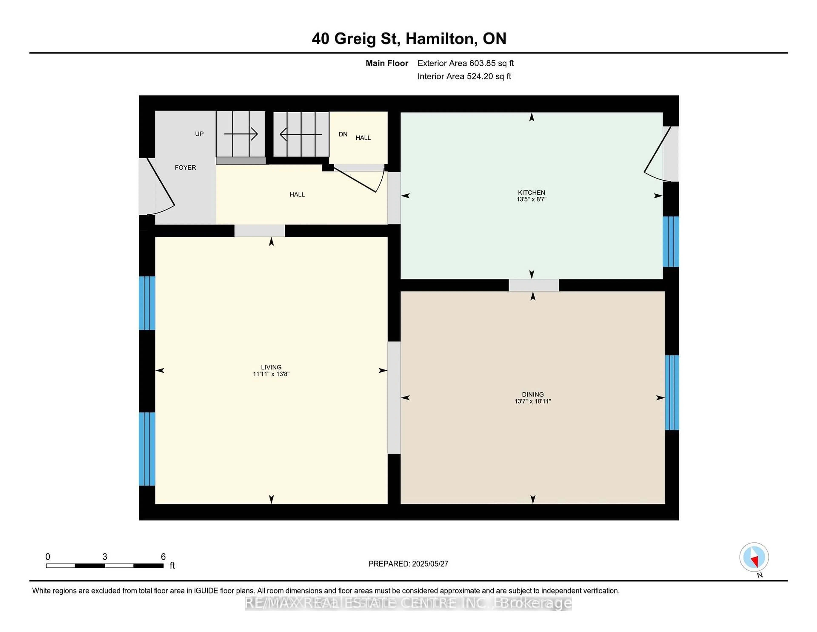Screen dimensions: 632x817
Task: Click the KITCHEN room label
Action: click(531, 192)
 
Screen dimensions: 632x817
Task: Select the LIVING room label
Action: click(271, 367)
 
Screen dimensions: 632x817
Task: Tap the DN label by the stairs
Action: click(343, 134)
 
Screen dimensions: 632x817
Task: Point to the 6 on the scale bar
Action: click(163, 557)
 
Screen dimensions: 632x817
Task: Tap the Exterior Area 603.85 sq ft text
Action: click(465, 63)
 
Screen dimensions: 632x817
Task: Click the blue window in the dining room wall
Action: click(672, 392)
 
